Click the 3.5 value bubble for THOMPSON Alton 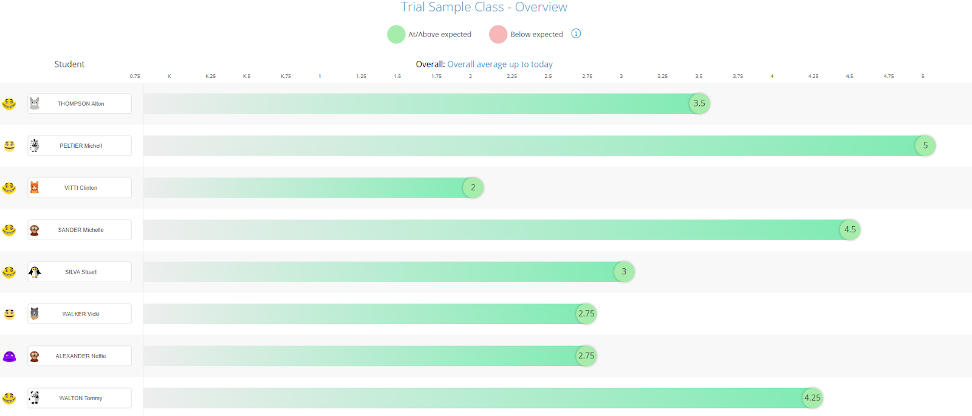(x=699, y=103)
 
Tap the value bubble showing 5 (x=925, y=145)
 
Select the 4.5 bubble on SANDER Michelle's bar (x=850, y=230)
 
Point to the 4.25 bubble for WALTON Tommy (x=812, y=398)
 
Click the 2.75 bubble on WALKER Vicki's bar (x=586, y=314)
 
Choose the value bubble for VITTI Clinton (x=473, y=188)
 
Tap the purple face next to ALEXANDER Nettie (x=9, y=356)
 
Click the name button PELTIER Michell (x=80, y=146)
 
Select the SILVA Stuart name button (x=80, y=272)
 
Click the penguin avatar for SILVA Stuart (x=35, y=272)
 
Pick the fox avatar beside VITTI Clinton (x=35, y=188)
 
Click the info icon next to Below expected (x=576, y=33)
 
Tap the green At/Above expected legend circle (x=396, y=34)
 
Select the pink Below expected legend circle (x=498, y=34)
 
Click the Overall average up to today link (x=500, y=64)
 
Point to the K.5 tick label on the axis (x=247, y=76)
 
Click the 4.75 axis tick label (x=889, y=76)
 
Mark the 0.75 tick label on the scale (x=135, y=76)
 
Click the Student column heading (x=69, y=64)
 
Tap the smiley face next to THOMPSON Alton (x=9, y=104)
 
